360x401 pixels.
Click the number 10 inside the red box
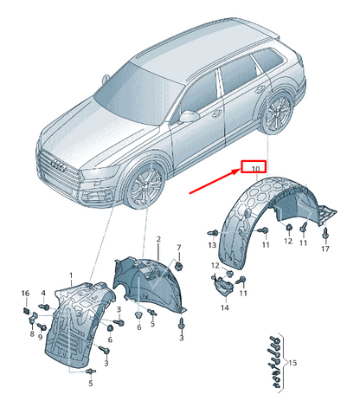click(255, 169)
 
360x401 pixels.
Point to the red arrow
click(215, 181)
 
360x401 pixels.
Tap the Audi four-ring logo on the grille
click(59, 165)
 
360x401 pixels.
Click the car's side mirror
click(189, 116)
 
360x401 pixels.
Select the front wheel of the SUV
click(146, 185)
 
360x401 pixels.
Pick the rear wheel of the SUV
click(278, 113)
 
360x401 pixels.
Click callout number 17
click(325, 249)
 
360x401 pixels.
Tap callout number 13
click(212, 245)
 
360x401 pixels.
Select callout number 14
click(225, 307)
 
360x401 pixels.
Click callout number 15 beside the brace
click(292, 362)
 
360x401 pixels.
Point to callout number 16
click(25, 293)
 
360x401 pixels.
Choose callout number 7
click(179, 248)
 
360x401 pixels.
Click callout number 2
click(158, 239)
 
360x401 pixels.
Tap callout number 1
click(71, 275)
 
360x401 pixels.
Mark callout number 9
click(40, 337)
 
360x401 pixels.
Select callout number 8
click(32, 333)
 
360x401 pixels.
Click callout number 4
click(43, 293)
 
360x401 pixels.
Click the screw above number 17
click(325, 233)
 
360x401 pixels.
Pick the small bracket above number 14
click(222, 286)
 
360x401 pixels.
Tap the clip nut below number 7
click(179, 266)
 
